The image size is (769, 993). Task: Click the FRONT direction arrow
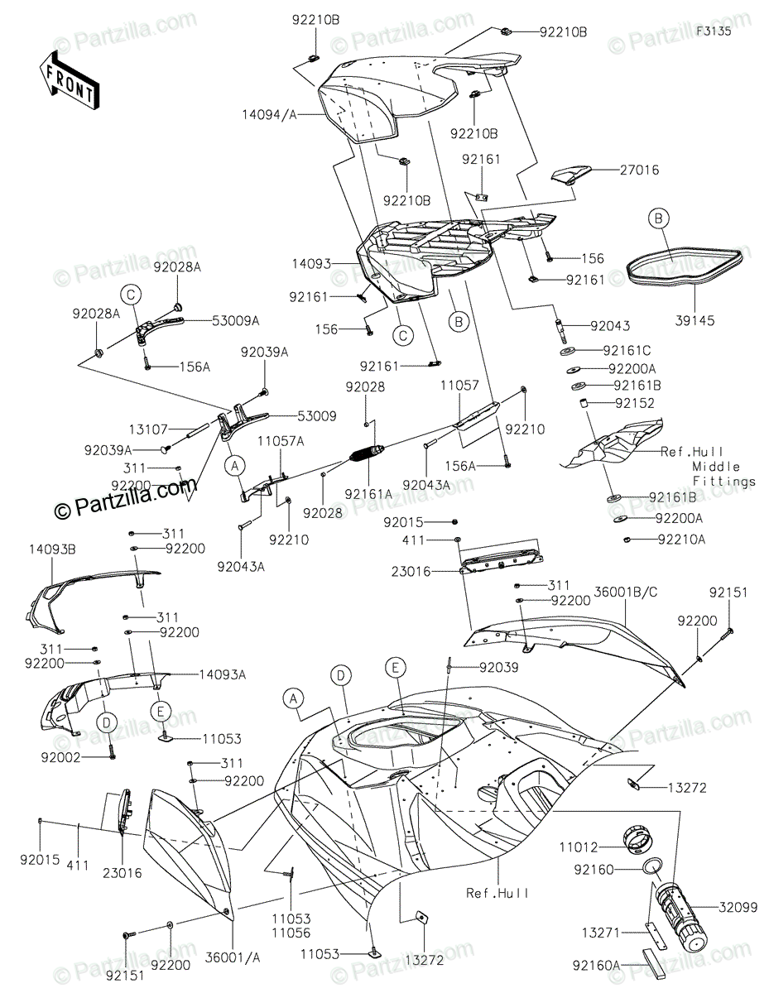68,79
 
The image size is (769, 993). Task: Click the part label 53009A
237,319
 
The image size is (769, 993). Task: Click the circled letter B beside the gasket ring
658,218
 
